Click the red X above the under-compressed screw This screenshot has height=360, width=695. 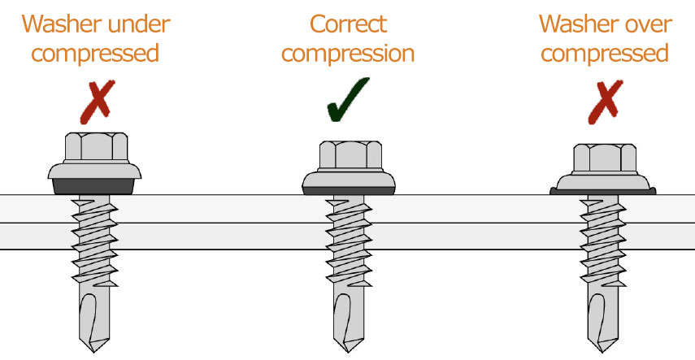96,106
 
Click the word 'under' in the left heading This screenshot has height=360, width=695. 137,24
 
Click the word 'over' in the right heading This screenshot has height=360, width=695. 643,24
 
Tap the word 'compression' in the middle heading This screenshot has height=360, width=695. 347,54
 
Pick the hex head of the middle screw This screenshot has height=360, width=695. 348,155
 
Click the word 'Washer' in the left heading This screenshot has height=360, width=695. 61,24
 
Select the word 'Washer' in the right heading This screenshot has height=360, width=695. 575,24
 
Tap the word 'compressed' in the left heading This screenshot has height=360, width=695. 96,54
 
